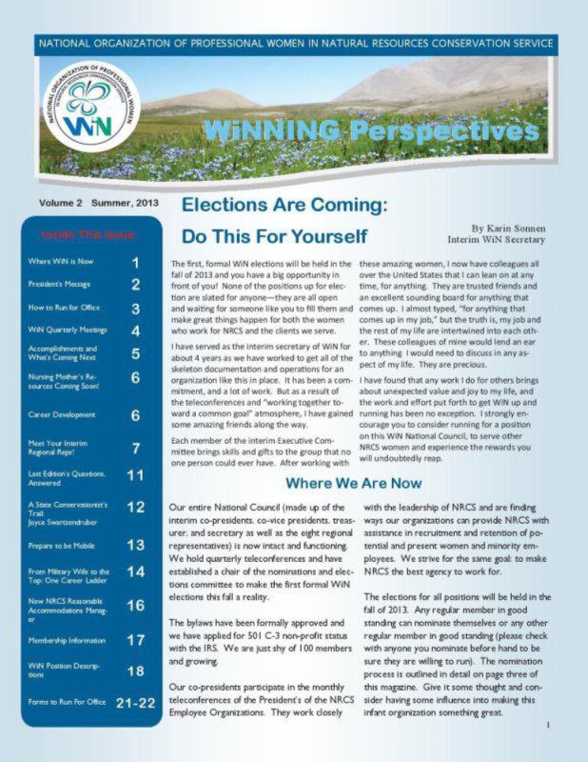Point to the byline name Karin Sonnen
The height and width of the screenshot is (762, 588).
[x=512, y=231]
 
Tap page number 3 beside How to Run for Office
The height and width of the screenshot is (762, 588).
[x=136, y=309]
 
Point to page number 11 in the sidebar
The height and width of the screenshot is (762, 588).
[x=135, y=474]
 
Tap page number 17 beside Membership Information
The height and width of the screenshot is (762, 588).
[x=135, y=640]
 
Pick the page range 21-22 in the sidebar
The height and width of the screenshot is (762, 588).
[x=135, y=704]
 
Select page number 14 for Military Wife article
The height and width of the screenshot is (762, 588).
[x=135, y=571]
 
